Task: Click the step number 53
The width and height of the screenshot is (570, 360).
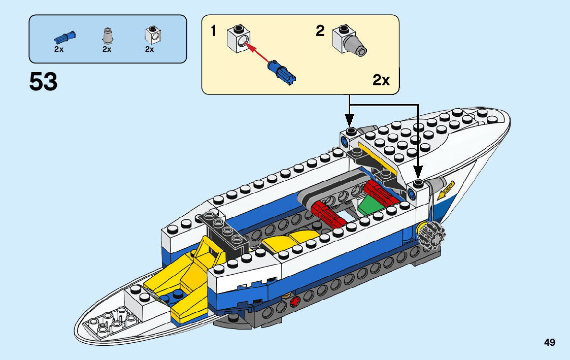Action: pos(44,82)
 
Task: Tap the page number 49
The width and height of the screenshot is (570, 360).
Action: pos(549,343)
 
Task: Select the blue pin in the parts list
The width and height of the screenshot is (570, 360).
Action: pos(65,37)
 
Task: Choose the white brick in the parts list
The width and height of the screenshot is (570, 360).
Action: pos(153,35)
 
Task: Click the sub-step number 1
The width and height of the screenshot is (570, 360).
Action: pos(214,31)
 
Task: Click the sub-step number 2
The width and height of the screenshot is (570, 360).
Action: pos(320,31)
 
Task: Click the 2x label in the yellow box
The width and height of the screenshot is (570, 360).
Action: pos(381,80)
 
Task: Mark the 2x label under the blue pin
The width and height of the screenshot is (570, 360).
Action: pos(59,50)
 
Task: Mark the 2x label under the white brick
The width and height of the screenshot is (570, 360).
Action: pos(149,50)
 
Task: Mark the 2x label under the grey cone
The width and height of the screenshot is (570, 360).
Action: pos(107,50)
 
